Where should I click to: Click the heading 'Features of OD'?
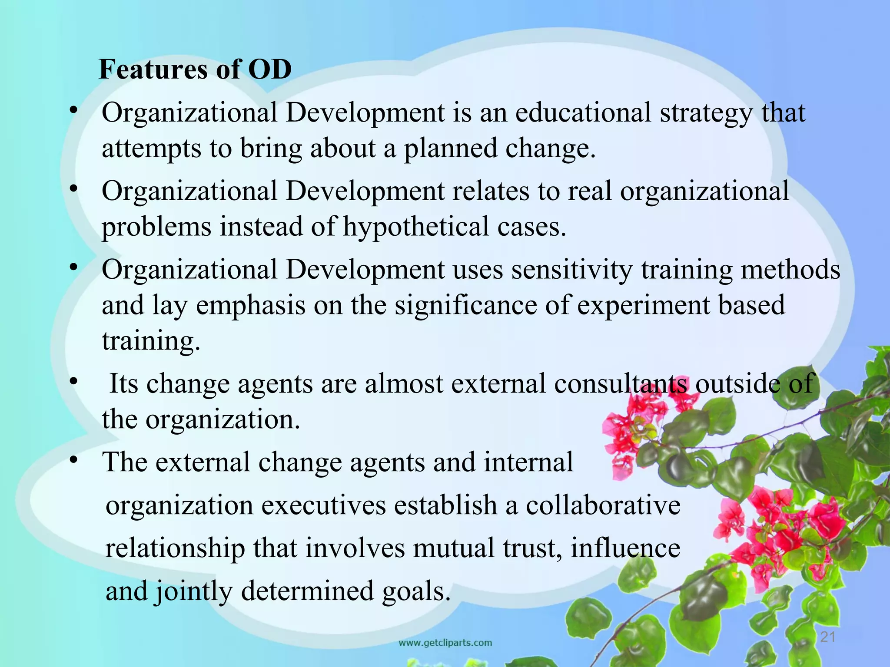[195, 69]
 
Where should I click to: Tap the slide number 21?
[827, 637]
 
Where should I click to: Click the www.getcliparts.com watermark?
[445, 643]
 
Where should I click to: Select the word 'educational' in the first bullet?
[583, 113]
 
